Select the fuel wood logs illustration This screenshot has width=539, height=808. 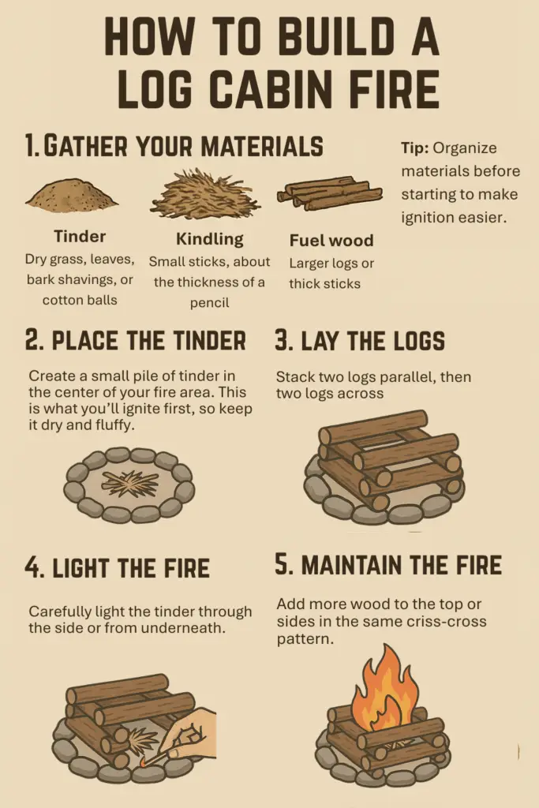pyautogui.click(x=329, y=193)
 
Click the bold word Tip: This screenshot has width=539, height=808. pyautogui.click(x=415, y=148)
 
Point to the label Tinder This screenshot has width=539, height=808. pyautogui.click(x=80, y=237)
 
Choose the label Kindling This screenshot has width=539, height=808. pyautogui.click(x=210, y=240)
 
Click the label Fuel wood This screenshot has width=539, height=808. pyautogui.click(x=331, y=241)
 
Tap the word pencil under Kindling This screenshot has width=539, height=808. pyautogui.click(x=209, y=303)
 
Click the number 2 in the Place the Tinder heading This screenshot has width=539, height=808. pyautogui.click(x=32, y=341)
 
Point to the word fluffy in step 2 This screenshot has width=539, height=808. pyautogui.click(x=115, y=425)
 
